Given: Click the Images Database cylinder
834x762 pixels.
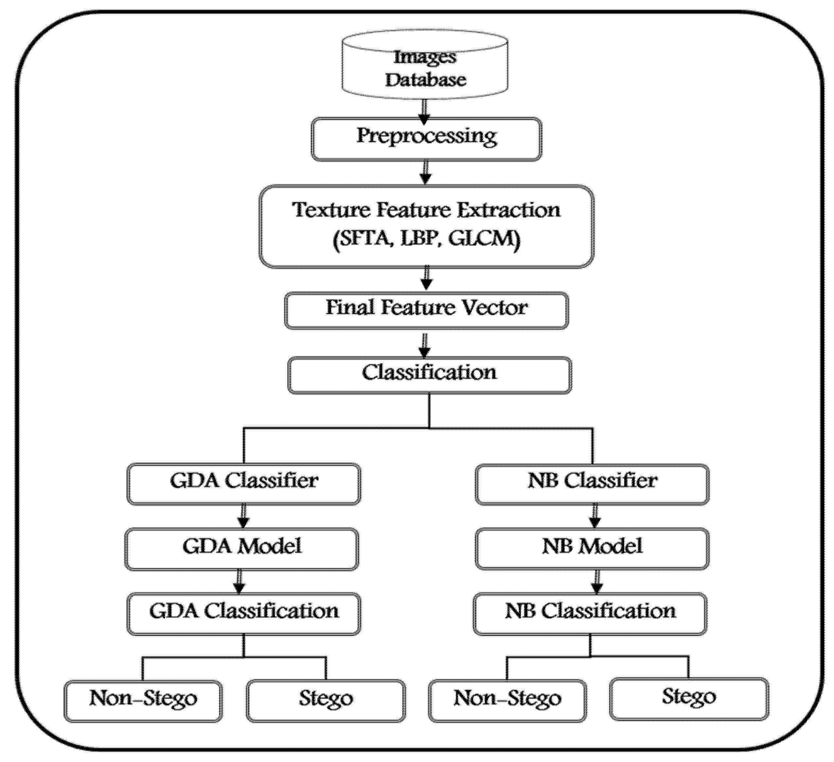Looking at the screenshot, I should click(425, 68).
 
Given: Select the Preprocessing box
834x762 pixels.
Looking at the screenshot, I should click(426, 139).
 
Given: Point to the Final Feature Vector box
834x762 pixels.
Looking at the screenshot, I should click(426, 310).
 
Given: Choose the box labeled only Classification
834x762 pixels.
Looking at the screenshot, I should click(429, 375).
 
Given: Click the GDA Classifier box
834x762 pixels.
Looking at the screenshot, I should click(244, 483).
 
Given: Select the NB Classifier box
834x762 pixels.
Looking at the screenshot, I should click(592, 483).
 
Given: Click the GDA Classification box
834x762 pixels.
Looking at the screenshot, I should click(244, 614).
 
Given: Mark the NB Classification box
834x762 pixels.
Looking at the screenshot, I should click(590, 614).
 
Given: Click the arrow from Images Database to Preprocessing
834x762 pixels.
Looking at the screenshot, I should click(425, 111).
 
